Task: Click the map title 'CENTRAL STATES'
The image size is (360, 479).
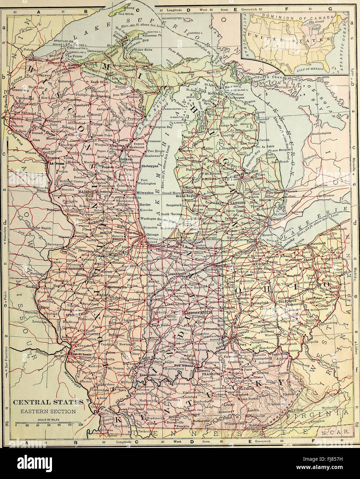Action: [48, 402]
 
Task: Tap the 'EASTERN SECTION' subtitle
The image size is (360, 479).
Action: [48, 411]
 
